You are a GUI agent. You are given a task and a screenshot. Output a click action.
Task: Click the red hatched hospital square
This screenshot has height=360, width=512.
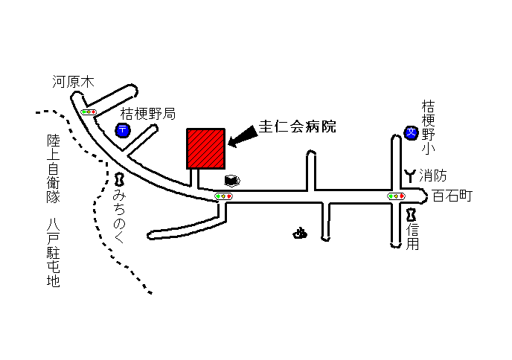tap(205, 149)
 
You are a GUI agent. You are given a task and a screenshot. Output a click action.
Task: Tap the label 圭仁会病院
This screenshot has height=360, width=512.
tap(298, 126)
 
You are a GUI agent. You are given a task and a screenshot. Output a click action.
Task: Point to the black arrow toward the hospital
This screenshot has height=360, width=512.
tap(243, 136)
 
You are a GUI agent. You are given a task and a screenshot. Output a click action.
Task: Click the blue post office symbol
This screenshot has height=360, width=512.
tap(123, 130)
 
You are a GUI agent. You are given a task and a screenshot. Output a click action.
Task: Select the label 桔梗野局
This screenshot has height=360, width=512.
tap(148, 114)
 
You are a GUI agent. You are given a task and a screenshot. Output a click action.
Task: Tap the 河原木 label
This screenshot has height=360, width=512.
tap(73, 82)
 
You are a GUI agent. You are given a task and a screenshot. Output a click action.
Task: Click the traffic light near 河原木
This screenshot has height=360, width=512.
tap(89, 112)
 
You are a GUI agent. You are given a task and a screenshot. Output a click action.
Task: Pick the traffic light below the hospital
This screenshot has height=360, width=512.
tap(224, 196)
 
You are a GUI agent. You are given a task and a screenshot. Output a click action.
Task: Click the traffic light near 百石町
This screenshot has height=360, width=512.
tap(396, 196)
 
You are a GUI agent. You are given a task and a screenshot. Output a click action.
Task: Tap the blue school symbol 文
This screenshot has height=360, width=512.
tap(411, 133)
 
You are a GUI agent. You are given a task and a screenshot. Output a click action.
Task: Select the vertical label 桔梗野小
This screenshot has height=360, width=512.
tap(428, 127)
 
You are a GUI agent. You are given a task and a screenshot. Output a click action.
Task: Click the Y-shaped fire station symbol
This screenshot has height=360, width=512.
tap(410, 176)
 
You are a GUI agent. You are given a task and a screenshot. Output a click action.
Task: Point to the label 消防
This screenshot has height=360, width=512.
tap(433, 176)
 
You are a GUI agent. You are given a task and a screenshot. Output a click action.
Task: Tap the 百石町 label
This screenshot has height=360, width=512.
tap(452, 196)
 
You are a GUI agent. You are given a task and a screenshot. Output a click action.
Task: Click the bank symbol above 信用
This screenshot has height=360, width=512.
tap(411, 215)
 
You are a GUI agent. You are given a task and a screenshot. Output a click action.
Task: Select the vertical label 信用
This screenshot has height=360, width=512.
tap(412, 237)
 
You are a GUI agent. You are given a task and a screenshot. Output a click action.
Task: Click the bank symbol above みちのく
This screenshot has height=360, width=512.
tap(120, 179)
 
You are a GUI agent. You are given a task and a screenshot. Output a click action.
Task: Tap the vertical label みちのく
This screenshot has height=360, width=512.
tap(119, 216)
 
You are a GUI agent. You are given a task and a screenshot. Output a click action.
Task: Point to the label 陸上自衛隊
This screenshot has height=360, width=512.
tap(54, 169)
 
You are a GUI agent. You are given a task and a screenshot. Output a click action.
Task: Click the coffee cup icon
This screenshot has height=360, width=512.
tap(232, 181)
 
